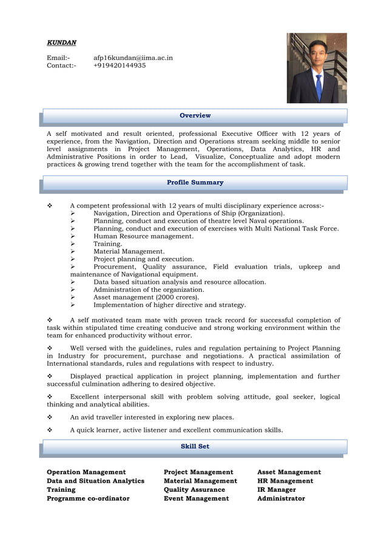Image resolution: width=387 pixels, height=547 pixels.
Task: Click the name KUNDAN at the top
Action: [62, 42]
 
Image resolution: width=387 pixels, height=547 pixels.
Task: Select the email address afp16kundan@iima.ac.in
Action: [133, 58]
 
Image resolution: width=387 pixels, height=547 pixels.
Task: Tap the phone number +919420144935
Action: [119, 65]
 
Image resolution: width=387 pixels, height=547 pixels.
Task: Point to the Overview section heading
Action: [195, 115]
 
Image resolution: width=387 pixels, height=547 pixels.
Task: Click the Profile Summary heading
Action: [195, 182]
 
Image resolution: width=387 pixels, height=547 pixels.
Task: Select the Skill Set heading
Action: [195, 446]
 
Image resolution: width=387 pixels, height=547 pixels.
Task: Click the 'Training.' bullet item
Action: [107, 244]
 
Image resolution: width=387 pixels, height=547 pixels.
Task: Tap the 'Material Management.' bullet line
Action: [129, 251]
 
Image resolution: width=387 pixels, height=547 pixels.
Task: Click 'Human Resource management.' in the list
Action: [143, 236]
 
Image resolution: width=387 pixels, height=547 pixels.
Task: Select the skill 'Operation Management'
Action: [86, 472]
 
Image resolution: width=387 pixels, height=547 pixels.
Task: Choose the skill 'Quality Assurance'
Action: [194, 489]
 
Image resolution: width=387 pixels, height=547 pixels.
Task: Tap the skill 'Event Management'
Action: [196, 498]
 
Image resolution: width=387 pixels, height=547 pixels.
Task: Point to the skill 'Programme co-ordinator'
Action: [88, 498]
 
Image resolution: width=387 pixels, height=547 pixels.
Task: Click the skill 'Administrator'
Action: [281, 498]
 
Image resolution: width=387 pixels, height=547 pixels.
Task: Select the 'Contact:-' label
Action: [62, 65]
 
